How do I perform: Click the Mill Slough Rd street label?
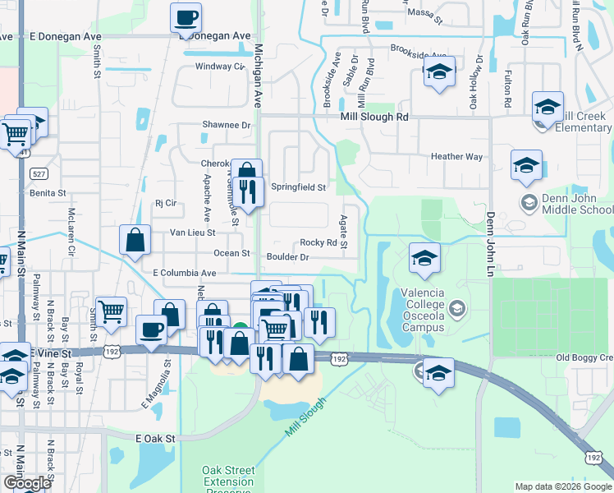(374, 117)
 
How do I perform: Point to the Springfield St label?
(299, 187)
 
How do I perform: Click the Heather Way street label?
(456, 156)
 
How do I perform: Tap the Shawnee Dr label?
(227, 125)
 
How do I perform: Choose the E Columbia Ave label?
(184, 272)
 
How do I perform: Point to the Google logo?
(26, 483)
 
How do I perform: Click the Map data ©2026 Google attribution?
(563, 486)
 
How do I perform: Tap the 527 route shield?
(39, 173)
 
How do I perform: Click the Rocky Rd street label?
(318, 242)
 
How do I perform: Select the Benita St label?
(47, 193)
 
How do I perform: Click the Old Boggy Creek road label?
(584, 357)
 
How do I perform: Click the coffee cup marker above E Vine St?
(153, 330)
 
